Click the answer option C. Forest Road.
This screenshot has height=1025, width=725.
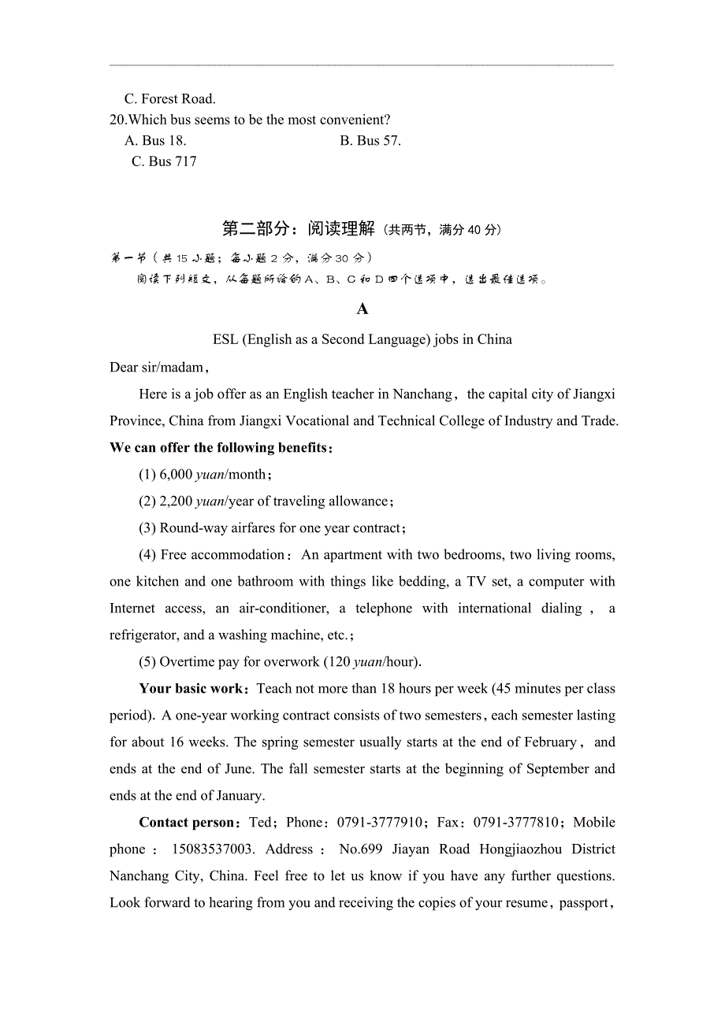pyautogui.click(x=169, y=98)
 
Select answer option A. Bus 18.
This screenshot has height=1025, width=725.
pyautogui.click(x=155, y=140)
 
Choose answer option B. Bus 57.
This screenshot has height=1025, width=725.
pyautogui.click(x=370, y=140)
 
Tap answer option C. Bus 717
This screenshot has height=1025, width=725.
pyautogui.click(x=164, y=161)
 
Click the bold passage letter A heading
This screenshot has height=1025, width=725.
pyautogui.click(x=362, y=309)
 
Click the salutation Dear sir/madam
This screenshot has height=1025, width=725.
pyautogui.click(x=158, y=367)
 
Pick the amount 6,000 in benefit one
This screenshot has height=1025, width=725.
pyautogui.click(x=176, y=475)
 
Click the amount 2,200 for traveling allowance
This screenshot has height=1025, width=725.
pyautogui.click(x=176, y=501)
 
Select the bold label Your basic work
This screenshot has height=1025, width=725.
pyautogui.click(x=191, y=689)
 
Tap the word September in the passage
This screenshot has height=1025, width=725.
pyautogui.click(x=559, y=769)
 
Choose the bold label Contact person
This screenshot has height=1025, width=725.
pyautogui.click(x=188, y=823)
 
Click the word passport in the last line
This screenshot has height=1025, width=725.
pyautogui.click(x=583, y=903)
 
